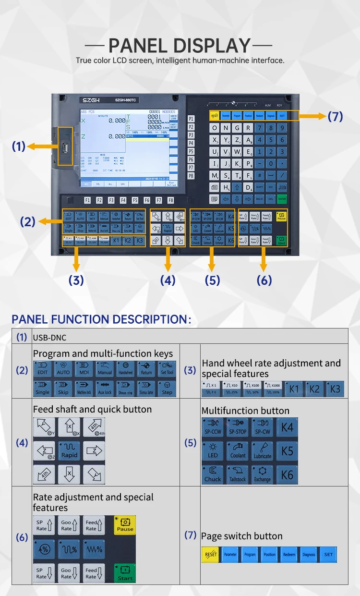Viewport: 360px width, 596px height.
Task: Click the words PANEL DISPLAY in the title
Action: [x=180, y=46]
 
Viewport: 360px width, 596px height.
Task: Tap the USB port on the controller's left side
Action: [x=65, y=146]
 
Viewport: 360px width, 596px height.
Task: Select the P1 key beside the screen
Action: [x=191, y=119]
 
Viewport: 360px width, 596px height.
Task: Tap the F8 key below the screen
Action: [x=170, y=200]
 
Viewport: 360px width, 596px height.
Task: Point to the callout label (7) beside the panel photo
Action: [x=335, y=116]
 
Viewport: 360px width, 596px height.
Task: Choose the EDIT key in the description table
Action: [x=42, y=369]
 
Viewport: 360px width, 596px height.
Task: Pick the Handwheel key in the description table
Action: [x=126, y=369]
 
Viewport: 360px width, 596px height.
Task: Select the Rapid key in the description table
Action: [x=69, y=451]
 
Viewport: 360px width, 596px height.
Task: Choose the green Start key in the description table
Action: [x=125, y=573]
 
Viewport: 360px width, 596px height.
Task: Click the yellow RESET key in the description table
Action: [x=210, y=555]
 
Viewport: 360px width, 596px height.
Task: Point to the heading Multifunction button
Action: [x=245, y=411]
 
